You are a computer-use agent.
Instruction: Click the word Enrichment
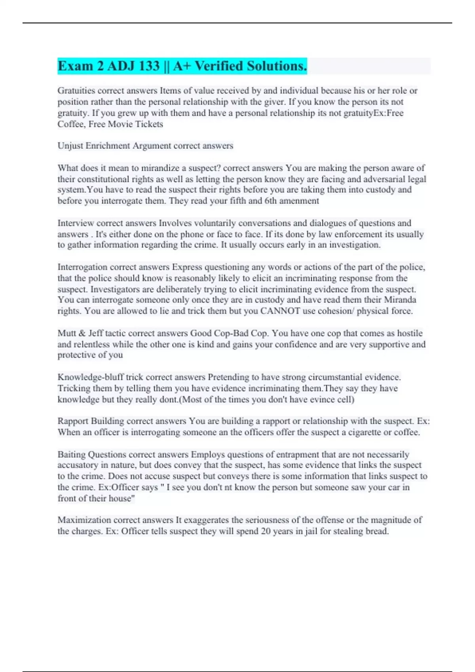point(108,146)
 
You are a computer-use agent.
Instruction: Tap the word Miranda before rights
point(400,300)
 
